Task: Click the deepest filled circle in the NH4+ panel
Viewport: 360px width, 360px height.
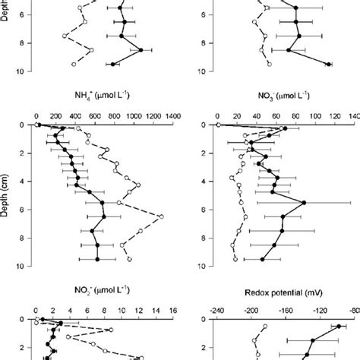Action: tap(97, 259)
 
